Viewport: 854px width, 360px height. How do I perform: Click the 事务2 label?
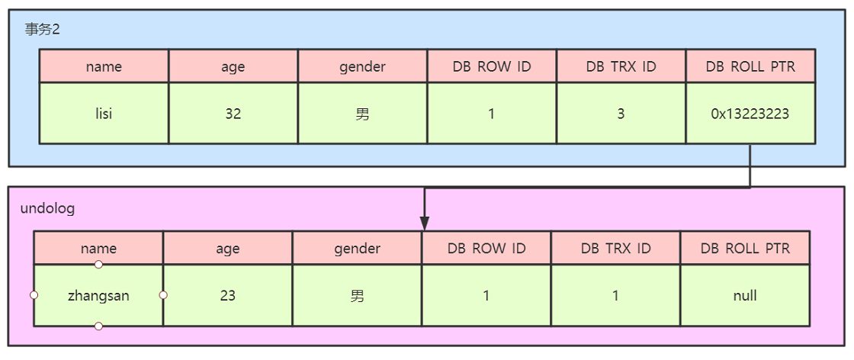coord(42,30)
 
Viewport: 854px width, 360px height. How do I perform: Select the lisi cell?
coord(104,114)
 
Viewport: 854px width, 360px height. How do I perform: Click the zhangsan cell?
coord(98,296)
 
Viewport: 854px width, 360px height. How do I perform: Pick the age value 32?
coord(233,114)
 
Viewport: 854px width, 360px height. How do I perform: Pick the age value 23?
coord(228,296)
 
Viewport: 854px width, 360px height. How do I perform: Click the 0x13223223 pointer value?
coord(750,114)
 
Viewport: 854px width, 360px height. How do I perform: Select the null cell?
coord(745,296)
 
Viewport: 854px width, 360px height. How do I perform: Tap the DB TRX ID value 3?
coord(621,114)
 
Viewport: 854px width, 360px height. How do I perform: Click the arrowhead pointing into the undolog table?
coord(425,223)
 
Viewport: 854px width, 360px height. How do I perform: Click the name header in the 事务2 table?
coord(104,66)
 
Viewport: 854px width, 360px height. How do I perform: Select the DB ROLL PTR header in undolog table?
coord(745,249)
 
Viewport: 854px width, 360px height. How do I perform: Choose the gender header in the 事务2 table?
coord(363,66)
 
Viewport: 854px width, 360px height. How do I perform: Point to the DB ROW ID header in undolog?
coord(486,249)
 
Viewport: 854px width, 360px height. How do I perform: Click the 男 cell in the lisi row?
coord(363,114)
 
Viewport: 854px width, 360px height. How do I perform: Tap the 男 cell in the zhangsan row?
coord(358,296)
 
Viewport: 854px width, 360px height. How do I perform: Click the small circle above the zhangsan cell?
coord(98,265)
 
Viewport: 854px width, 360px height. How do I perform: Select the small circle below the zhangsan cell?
coord(98,326)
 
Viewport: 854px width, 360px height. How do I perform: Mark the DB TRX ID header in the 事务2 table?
coord(621,66)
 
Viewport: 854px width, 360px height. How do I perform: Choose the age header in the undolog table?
coord(228,249)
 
